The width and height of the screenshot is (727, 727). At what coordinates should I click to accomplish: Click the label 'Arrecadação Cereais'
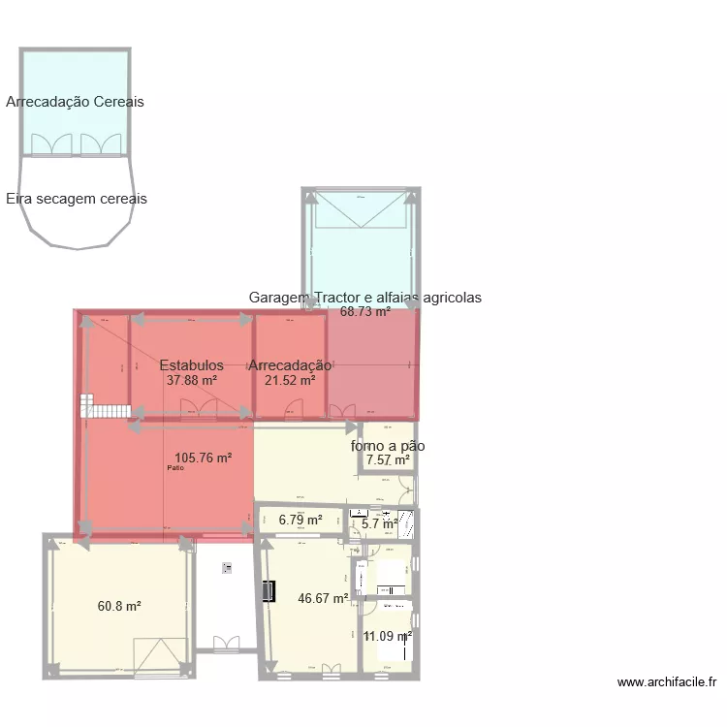point(75,102)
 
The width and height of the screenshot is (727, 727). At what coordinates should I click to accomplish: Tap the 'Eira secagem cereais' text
point(77,199)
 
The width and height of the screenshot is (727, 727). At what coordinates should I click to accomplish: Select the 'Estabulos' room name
point(192,365)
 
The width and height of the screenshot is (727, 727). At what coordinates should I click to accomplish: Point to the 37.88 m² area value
point(192,381)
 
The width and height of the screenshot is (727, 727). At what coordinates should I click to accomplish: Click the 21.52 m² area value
point(290,381)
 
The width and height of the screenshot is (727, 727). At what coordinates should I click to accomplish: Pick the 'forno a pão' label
point(388,446)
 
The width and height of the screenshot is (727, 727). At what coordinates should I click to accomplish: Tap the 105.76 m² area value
point(203,458)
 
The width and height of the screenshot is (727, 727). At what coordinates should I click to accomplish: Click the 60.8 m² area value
point(119,606)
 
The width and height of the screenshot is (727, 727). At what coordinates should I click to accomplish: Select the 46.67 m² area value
point(323,599)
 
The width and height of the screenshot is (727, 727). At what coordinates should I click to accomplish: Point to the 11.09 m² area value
point(388,636)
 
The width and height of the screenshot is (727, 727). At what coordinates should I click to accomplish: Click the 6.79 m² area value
point(300,520)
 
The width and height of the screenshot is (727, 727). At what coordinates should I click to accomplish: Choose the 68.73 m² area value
point(365,312)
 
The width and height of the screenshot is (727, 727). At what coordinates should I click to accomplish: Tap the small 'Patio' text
point(174,469)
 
